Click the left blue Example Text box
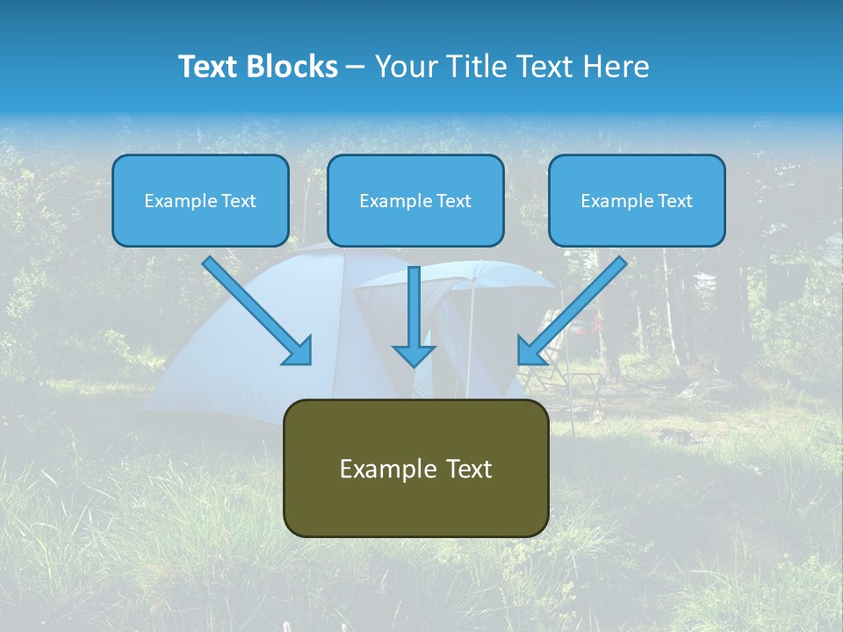[x=200, y=200]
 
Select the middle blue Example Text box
[x=415, y=200]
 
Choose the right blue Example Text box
[x=637, y=200]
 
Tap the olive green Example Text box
[x=415, y=468]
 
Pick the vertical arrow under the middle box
[x=414, y=307]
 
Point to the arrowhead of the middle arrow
[x=414, y=355]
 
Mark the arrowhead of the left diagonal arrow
[x=299, y=351]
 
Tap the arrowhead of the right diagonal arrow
[x=530, y=351]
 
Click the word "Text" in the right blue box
[x=674, y=201]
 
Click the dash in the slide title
[x=356, y=67]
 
